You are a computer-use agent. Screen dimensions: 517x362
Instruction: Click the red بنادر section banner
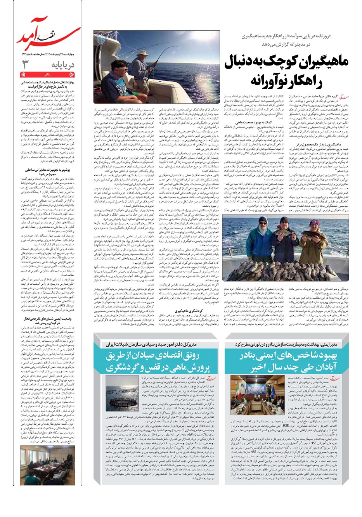point(47,74)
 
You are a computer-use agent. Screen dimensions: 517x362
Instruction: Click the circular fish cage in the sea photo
point(122,400)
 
